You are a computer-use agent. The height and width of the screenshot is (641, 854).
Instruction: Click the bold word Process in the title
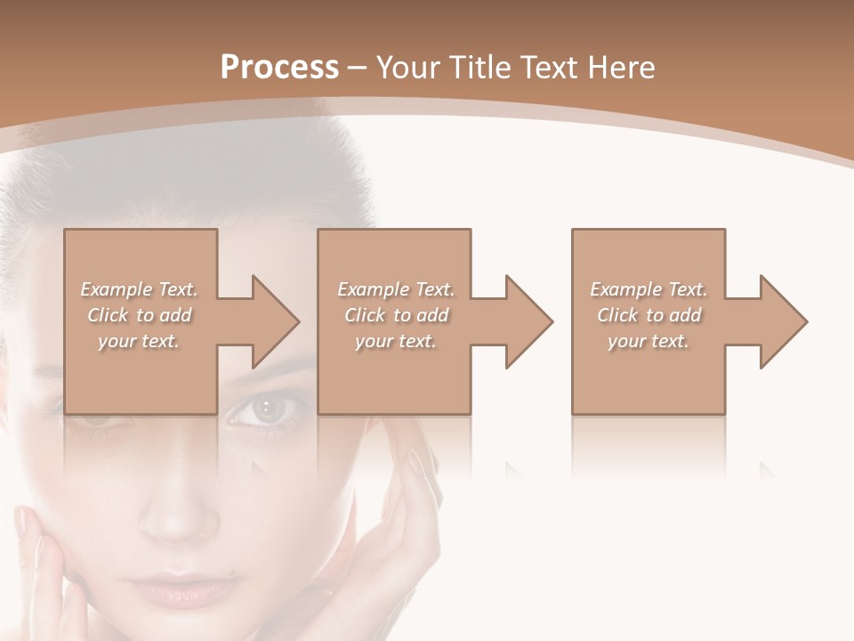(x=279, y=67)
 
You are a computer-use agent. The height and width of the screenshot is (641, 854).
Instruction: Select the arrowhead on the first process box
(x=272, y=321)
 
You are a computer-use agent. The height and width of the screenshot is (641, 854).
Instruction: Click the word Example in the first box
(x=117, y=289)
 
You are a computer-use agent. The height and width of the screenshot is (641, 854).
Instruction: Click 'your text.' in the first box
(x=139, y=341)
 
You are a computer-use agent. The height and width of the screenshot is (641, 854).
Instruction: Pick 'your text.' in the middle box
(x=396, y=341)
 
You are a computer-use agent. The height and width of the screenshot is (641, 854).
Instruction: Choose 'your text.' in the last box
(x=649, y=341)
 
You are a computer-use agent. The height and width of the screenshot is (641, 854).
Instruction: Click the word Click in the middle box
(x=365, y=315)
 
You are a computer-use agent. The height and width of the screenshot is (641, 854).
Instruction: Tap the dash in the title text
(x=358, y=68)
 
